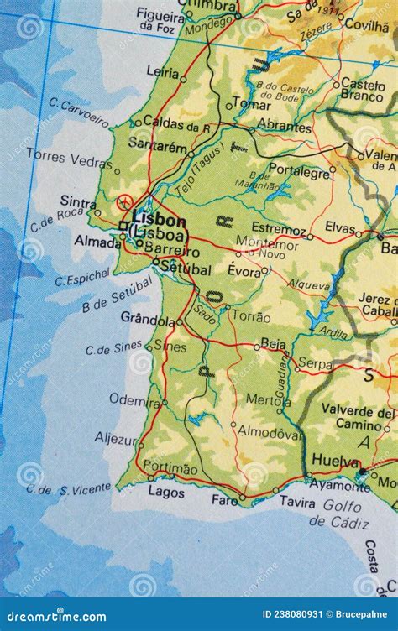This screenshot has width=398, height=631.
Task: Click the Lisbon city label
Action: coord(158,220)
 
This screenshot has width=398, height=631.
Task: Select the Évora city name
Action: coord(244,270)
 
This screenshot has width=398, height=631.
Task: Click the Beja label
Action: coord(274,342)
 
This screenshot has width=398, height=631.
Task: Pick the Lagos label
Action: coord(166,493)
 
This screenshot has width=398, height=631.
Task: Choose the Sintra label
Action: coord(78,201)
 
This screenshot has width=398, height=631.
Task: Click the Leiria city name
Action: coord(162,72)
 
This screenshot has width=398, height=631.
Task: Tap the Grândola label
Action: coord(147,319)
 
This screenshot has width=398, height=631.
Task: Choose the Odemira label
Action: coord(134,400)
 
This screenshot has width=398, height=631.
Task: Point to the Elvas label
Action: coord(340,227)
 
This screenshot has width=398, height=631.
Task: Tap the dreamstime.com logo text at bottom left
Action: coord(55,617)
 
